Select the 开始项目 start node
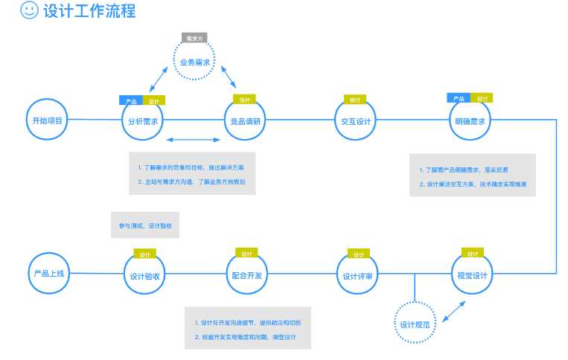point(48,120)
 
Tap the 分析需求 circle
point(143,121)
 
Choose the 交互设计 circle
point(355,121)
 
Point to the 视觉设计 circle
point(471,276)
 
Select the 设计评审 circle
point(358,277)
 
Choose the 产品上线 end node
point(49,274)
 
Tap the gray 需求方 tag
point(194,37)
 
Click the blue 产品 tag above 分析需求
point(130,100)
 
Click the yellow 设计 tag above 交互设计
point(354,100)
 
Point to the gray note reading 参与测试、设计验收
point(145,225)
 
